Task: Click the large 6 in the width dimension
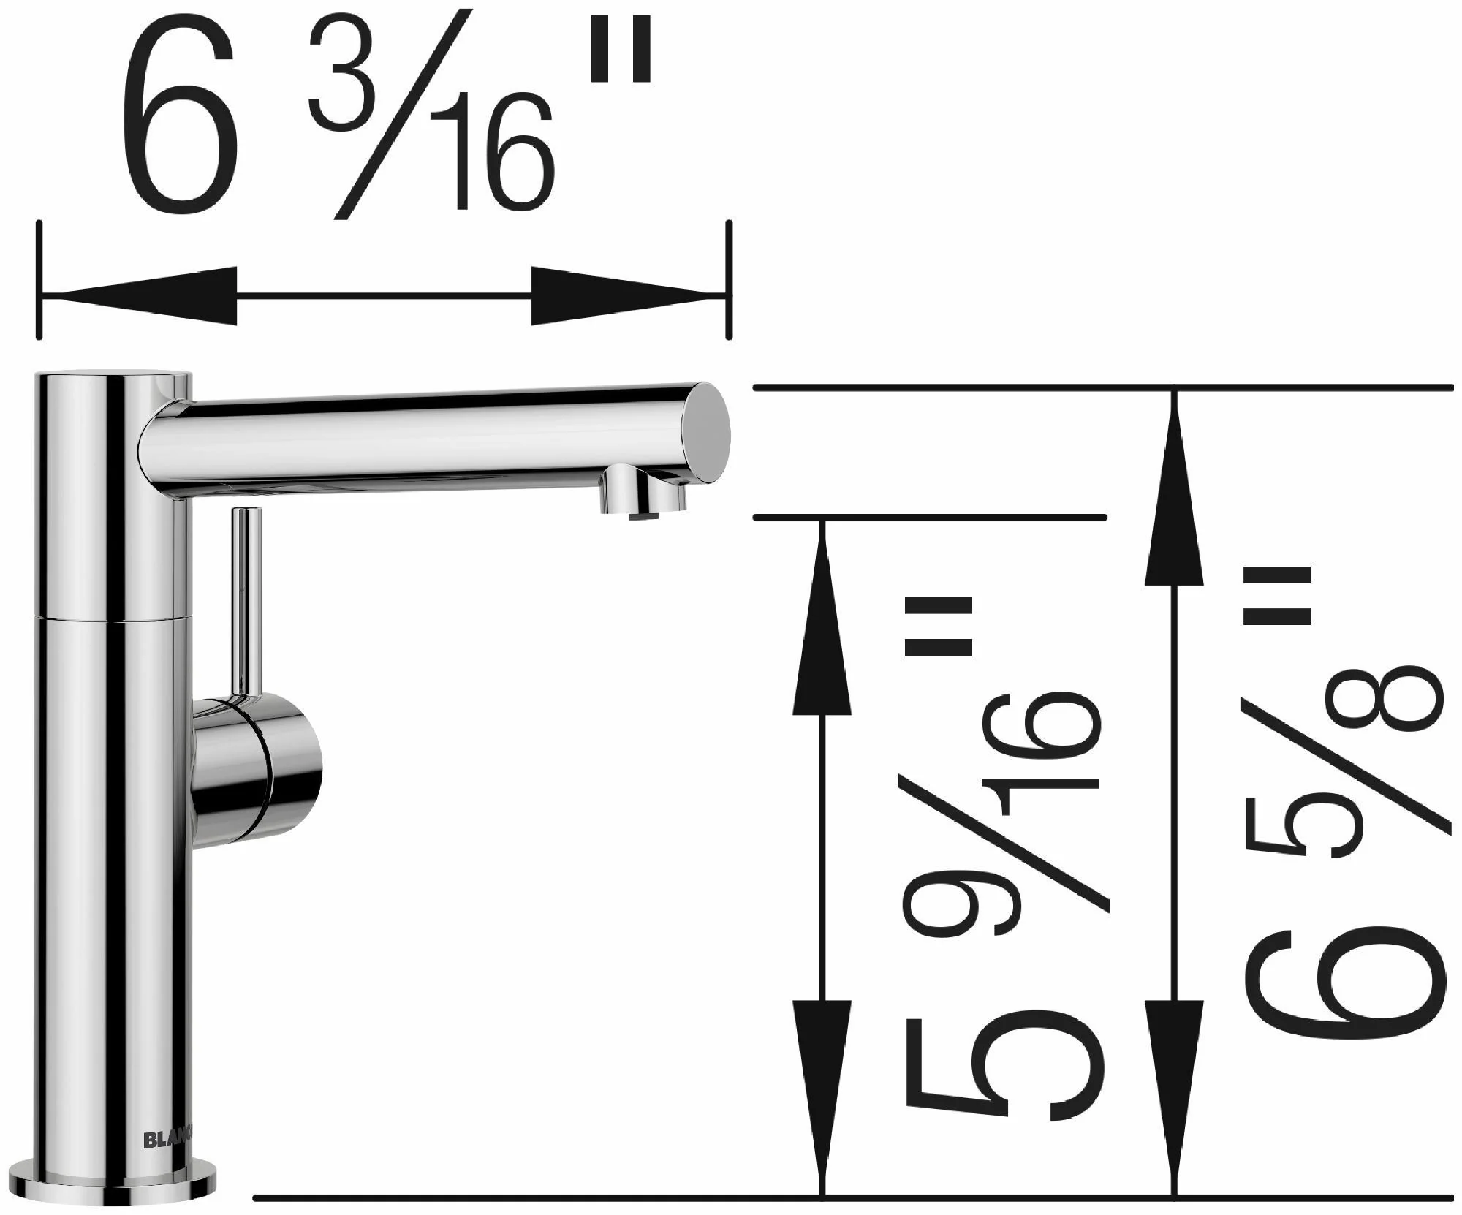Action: (x=179, y=116)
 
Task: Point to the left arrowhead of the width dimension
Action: (x=139, y=296)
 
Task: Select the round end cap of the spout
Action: (x=706, y=431)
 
